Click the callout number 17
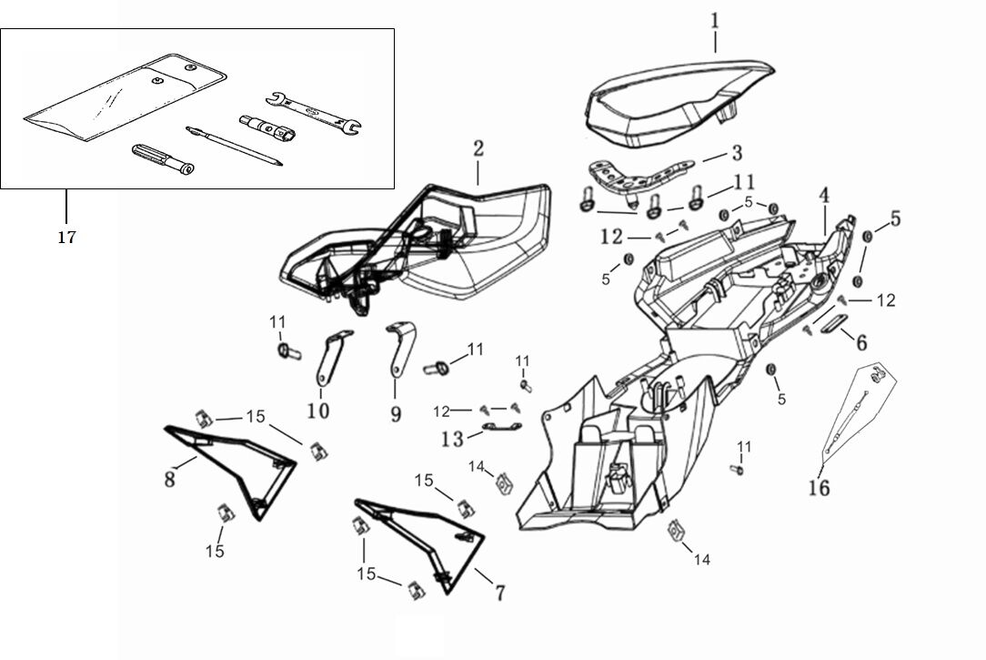pos(65,238)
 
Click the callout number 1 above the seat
pos(715,19)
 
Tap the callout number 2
pos(478,148)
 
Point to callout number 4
pos(823,195)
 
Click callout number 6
pos(860,341)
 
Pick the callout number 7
pos(499,594)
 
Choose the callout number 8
pos(170,478)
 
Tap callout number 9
pos(396,414)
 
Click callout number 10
pos(317,411)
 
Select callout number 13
pos(452,439)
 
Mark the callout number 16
pos(819,487)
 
